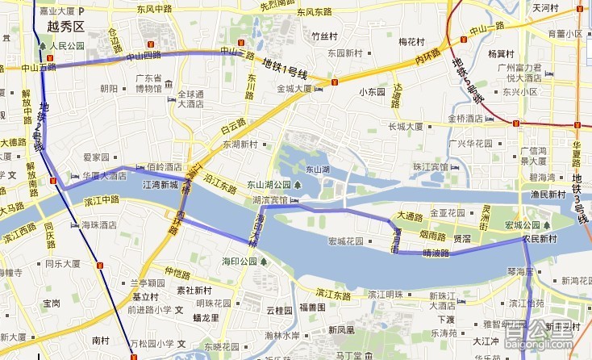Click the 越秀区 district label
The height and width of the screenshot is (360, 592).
click(x=66, y=27)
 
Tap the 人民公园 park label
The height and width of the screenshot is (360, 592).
click(x=66, y=46)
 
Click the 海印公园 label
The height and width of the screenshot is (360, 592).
click(x=240, y=262)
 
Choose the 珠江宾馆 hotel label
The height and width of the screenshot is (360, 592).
click(x=430, y=166)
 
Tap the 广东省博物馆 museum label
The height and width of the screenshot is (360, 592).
click(x=148, y=84)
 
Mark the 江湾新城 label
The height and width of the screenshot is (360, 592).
click(x=160, y=185)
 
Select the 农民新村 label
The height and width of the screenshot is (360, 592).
click(x=540, y=239)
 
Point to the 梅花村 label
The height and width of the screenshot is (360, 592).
click(x=411, y=40)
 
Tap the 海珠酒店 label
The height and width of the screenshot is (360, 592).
click(x=100, y=225)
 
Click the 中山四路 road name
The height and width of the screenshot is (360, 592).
click(x=144, y=56)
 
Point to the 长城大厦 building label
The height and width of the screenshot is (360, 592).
click(x=406, y=127)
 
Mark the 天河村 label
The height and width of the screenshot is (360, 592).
click(x=545, y=8)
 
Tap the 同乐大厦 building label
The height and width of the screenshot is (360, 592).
click(x=62, y=263)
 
